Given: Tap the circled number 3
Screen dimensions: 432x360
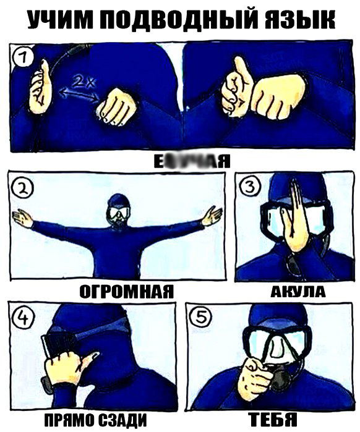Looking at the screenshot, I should click(x=249, y=188).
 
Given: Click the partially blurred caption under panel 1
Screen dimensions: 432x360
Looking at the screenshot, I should click(x=191, y=162).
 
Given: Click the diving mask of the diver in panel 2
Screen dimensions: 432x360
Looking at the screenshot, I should click(x=118, y=214).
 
